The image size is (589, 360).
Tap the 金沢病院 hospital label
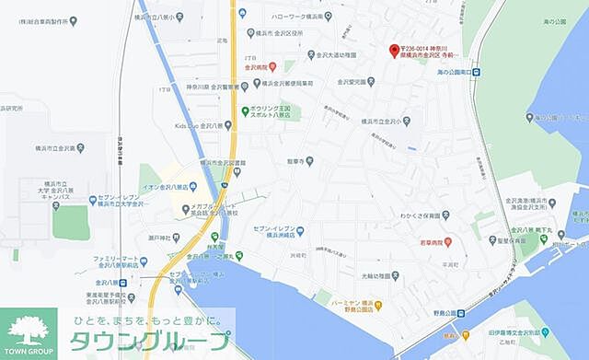click(x=257, y=67)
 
